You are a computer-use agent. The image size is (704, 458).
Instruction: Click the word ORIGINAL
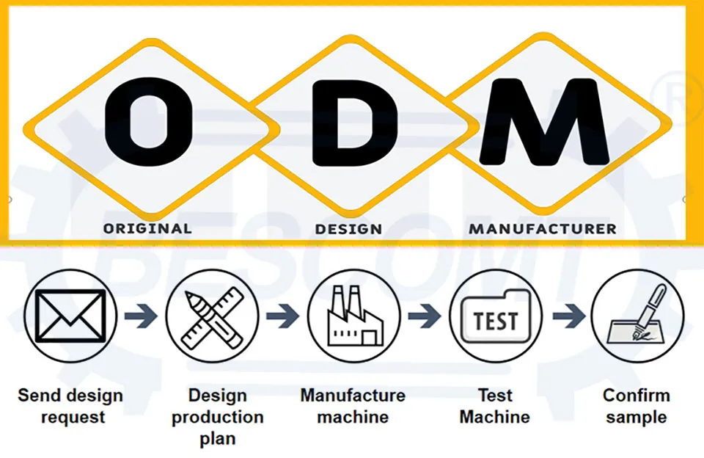click(147, 228)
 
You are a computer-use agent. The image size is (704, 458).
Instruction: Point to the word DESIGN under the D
click(348, 229)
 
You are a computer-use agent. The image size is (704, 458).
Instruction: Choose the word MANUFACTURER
click(543, 229)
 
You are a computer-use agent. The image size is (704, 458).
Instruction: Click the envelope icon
click(70, 316)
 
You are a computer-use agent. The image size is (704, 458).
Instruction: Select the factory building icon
click(355, 316)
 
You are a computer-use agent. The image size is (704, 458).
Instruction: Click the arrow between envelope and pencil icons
click(141, 316)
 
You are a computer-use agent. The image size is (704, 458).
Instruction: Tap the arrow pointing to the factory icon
click(282, 316)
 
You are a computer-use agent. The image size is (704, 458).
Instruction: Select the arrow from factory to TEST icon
click(425, 316)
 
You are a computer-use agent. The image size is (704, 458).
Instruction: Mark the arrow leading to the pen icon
click(569, 316)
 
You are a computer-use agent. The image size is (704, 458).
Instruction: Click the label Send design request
click(70, 407)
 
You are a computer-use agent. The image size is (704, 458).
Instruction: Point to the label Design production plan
click(218, 417)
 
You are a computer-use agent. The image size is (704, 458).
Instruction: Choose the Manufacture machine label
click(353, 407)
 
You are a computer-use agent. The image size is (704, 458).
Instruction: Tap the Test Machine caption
click(495, 407)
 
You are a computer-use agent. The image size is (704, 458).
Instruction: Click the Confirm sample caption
click(637, 407)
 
